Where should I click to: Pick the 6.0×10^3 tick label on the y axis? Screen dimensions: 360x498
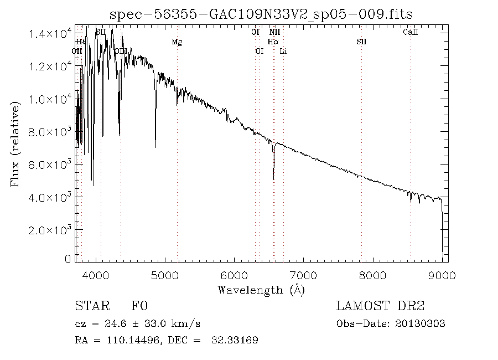(50, 164)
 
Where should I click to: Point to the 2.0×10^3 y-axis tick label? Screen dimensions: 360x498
(50, 230)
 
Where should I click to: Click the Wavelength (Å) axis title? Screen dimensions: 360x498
(261, 290)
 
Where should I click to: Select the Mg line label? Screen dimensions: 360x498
(177, 42)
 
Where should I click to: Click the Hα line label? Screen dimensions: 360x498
(273, 42)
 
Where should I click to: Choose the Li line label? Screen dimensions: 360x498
(283, 51)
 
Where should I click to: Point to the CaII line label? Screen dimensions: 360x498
(411, 33)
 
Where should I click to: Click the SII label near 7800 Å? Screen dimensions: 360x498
(361, 42)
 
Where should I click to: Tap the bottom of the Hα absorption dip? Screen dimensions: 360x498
(273, 178)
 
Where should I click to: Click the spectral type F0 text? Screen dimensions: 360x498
(139, 306)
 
